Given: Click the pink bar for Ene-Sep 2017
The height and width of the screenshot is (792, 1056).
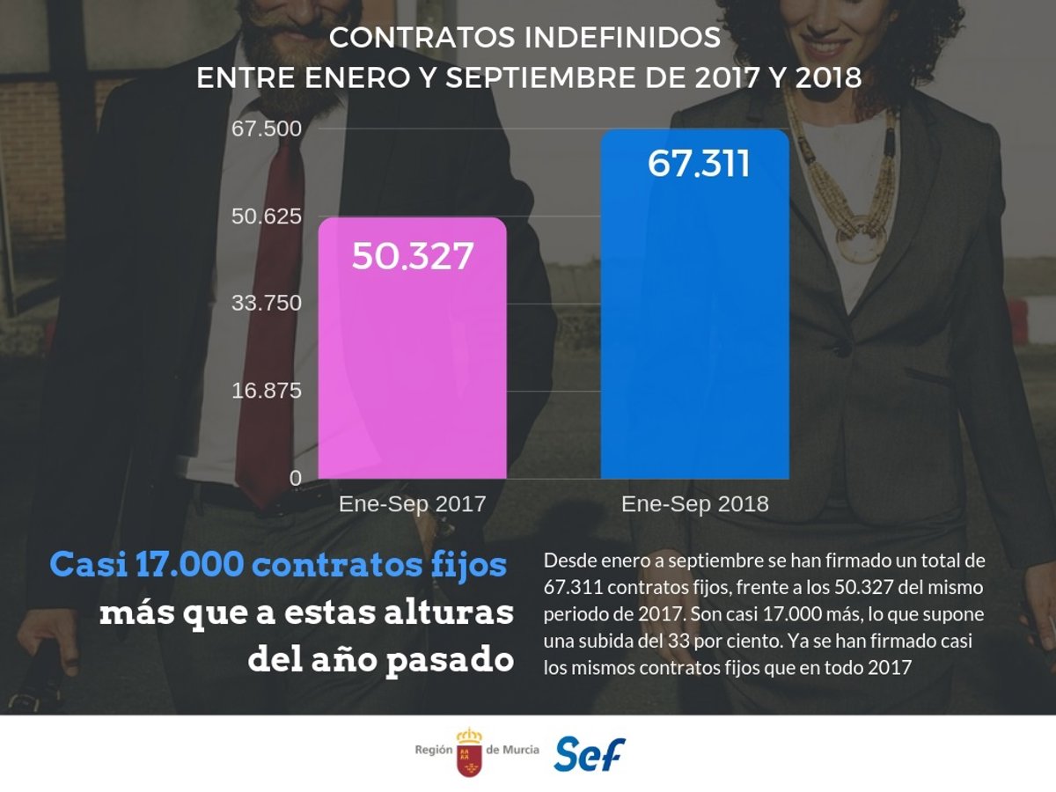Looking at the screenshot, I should (412, 370).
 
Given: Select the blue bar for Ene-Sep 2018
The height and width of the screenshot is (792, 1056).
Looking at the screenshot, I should (694, 334).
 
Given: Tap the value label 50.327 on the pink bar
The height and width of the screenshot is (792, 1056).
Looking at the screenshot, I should (413, 256).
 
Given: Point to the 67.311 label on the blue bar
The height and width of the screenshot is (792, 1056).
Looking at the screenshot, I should (698, 164).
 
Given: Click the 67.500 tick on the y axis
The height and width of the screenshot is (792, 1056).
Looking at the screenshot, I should (267, 129).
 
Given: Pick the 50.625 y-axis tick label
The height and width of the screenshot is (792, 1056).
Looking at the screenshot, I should (267, 216).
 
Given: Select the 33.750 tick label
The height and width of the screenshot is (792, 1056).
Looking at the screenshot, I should (267, 304).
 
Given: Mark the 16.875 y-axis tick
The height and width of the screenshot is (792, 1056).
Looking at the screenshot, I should (267, 391).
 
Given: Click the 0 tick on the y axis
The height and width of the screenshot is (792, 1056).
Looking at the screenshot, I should (296, 478).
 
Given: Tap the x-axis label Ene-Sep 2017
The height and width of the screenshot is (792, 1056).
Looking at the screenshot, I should (412, 504).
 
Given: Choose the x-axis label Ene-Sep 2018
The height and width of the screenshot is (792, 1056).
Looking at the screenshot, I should (694, 504).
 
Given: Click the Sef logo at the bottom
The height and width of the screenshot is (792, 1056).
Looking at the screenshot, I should (589, 753).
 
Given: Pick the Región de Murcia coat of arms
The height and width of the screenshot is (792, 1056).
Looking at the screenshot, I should (469, 752).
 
